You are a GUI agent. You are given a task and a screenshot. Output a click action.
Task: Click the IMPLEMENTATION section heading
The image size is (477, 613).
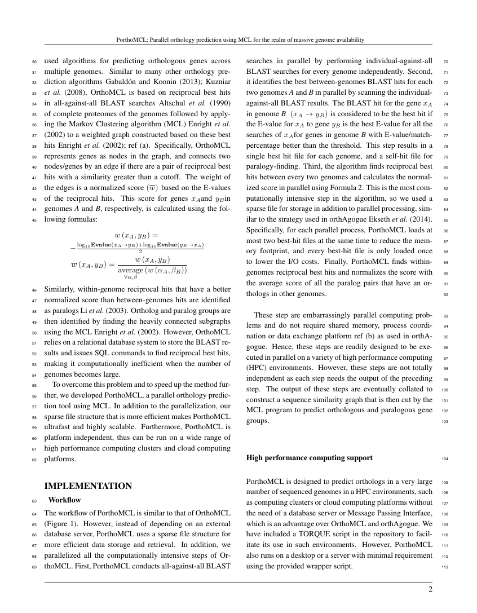pos(88,486)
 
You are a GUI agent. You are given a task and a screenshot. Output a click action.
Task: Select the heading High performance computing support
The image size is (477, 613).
pos(309,457)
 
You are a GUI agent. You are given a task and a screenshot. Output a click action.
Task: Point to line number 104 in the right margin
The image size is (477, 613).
pos(444,458)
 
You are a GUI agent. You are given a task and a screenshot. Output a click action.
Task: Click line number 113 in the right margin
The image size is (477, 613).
pos(444,567)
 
